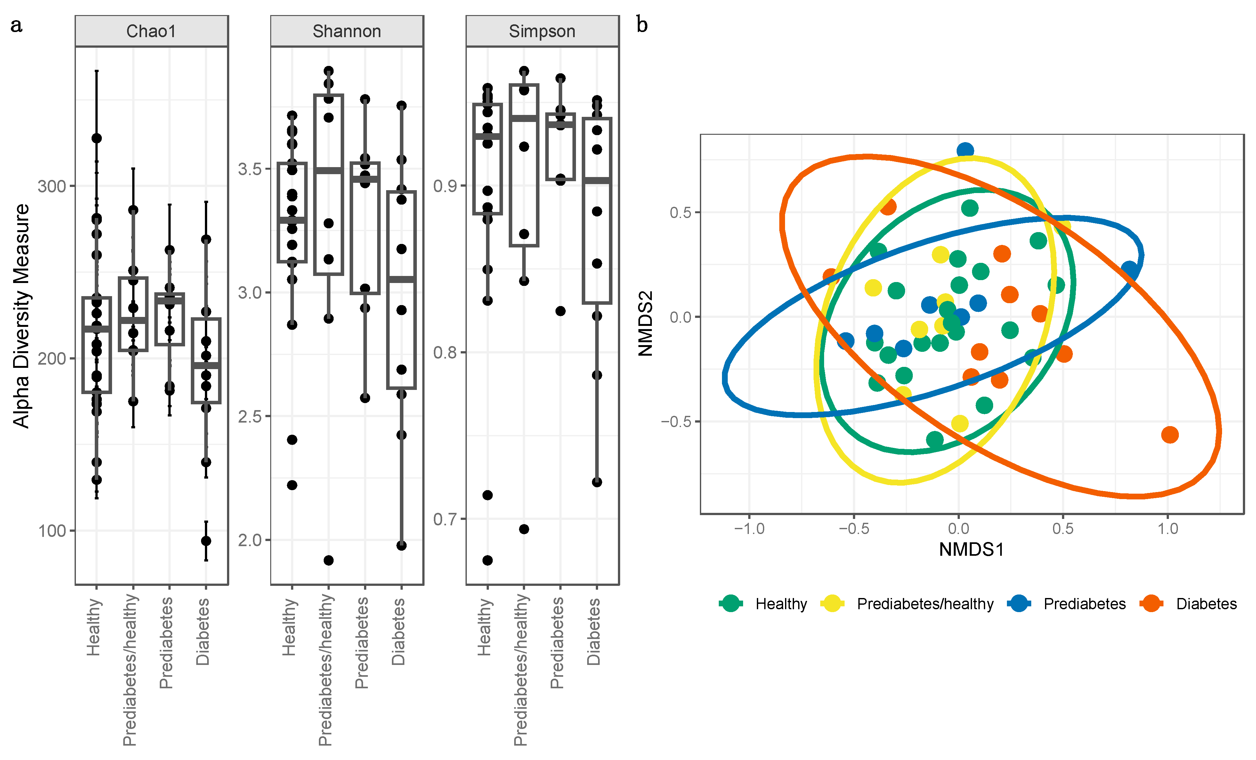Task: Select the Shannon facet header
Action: click(x=347, y=32)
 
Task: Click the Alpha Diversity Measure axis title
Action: click(x=21, y=316)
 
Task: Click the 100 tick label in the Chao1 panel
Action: click(x=52, y=531)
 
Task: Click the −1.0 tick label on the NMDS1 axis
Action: click(x=749, y=529)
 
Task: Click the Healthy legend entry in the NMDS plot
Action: click(x=781, y=604)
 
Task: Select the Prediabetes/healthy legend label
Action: click(x=925, y=604)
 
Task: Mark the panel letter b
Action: click(x=642, y=24)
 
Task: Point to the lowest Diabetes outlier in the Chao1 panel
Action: click(x=206, y=541)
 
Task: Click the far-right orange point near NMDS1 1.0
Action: click(x=1170, y=435)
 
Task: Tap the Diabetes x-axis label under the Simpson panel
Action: click(x=594, y=632)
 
